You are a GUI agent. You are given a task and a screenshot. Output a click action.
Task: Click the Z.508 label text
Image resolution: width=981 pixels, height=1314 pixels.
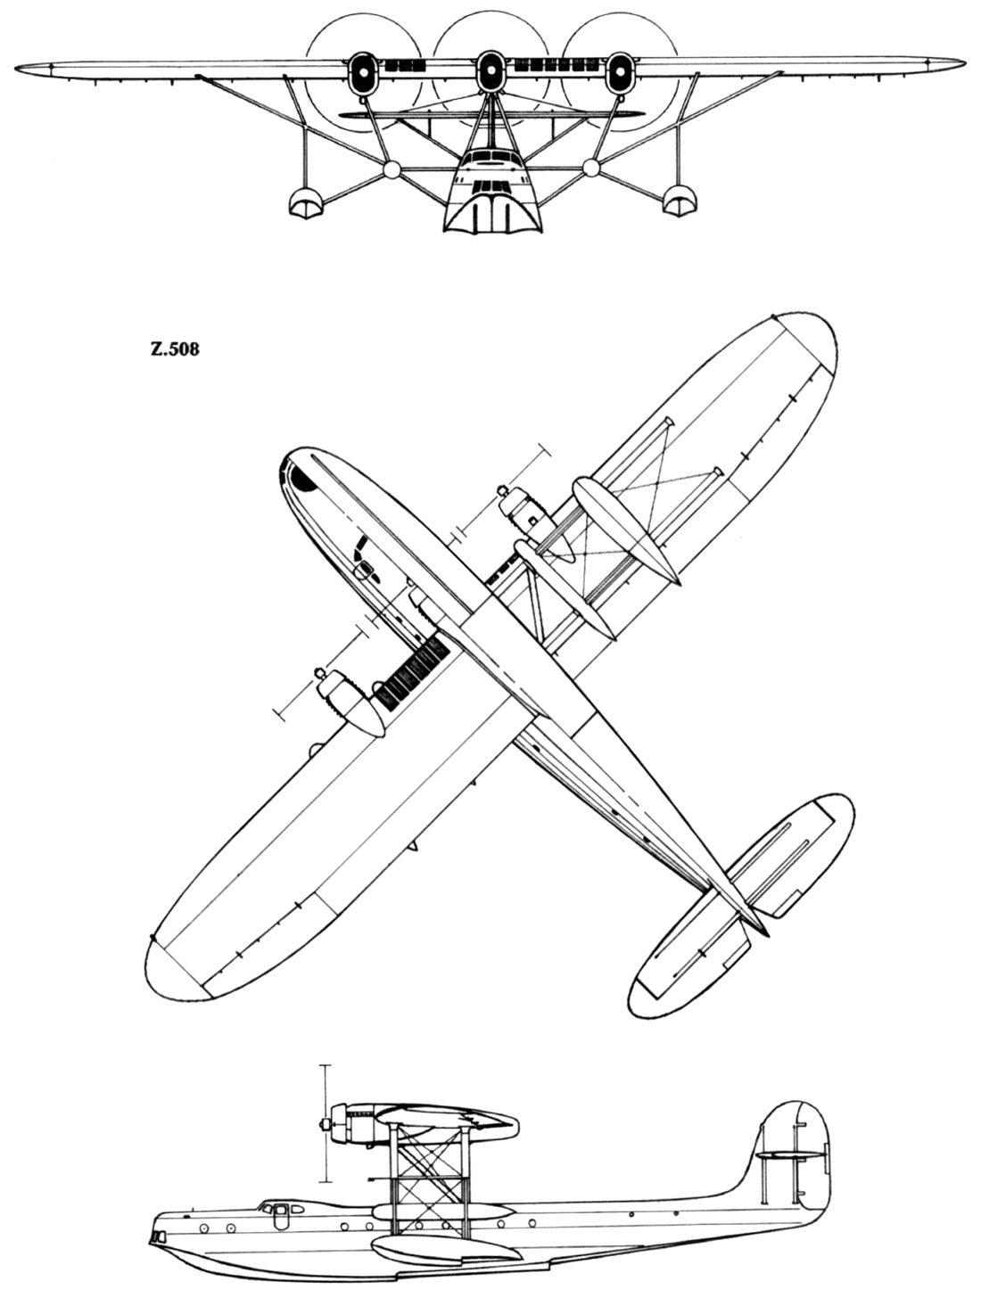tap(174, 349)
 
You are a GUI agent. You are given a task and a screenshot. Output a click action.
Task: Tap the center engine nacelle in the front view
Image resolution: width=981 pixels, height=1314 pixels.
tap(490, 72)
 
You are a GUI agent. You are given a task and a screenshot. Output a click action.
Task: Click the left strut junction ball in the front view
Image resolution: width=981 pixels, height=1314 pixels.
tap(392, 170)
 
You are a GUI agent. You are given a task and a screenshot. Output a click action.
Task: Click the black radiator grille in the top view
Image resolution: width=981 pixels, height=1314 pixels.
tap(414, 672)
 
